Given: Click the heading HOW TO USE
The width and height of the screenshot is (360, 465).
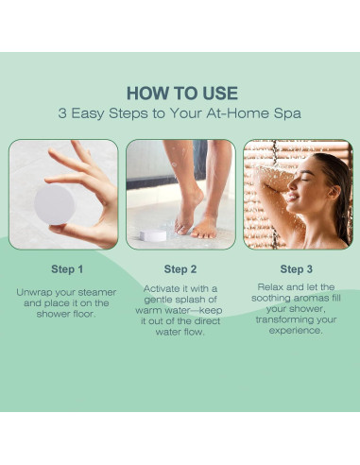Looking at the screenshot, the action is coord(182,94).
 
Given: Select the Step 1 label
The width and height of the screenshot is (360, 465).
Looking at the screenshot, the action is coord(67,269).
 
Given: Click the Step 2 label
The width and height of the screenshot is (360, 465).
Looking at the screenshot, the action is coord(180,269).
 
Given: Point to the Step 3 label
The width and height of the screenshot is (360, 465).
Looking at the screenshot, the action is coord(297,269).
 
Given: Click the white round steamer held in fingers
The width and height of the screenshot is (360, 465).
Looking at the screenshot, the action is coord(54,204).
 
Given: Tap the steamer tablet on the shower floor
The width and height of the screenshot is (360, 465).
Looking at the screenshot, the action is coord(153,235).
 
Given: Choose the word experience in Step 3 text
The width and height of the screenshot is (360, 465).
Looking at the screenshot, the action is coord(296,331).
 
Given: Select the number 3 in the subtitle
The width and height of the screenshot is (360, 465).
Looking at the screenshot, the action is coord(62,113).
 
